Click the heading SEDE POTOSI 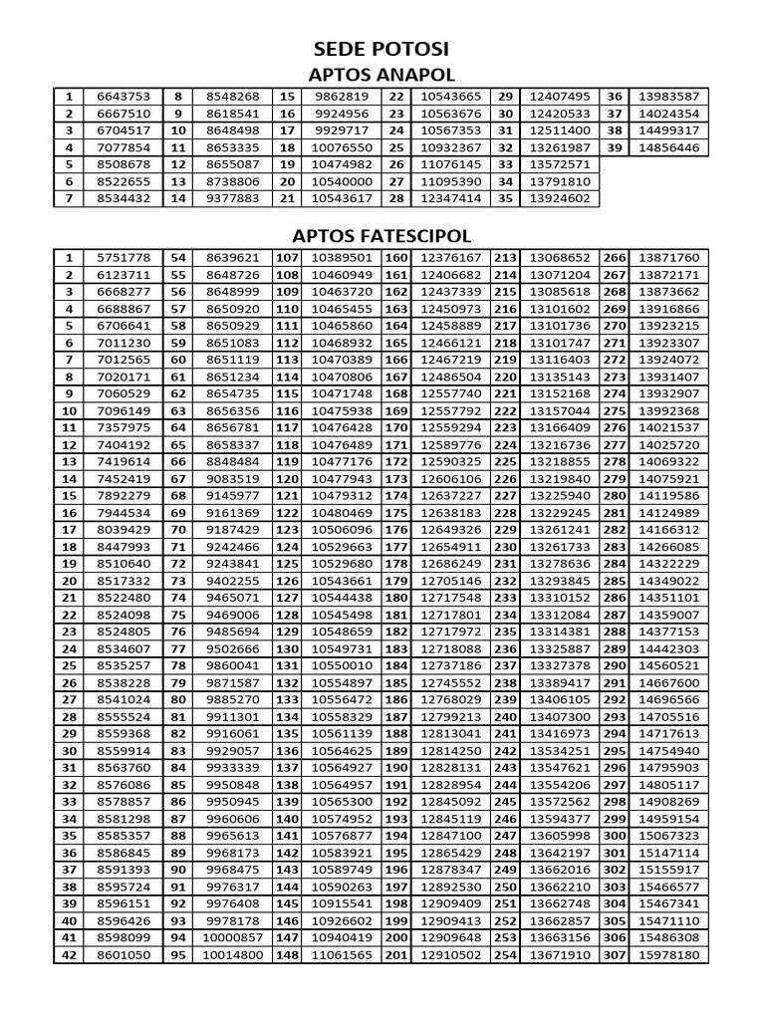click(x=382, y=51)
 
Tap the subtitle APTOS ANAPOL click(x=382, y=76)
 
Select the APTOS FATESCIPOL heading click(x=382, y=236)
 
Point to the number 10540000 click(x=342, y=181)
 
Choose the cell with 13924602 click(x=560, y=198)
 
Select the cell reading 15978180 click(x=668, y=955)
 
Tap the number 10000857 click(x=232, y=938)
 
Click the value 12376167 click(x=450, y=257)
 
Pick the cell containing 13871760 click(x=668, y=257)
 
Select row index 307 click(x=615, y=955)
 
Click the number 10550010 click(x=342, y=665)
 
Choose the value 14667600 click(x=668, y=682)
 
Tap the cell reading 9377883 click(x=232, y=198)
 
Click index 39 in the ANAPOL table click(x=615, y=147)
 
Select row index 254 click(x=506, y=955)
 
